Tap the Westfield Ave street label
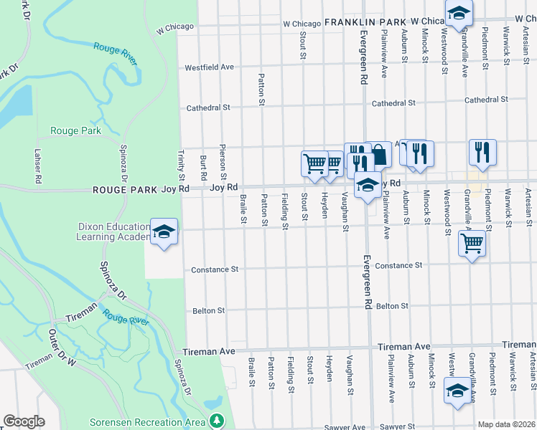click(x=210, y=67)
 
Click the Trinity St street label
click(x=180, y=165)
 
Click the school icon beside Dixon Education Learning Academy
click(x=164, y=231)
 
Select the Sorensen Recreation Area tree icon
click(x=215, y=420)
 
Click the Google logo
click(x=24, y=421)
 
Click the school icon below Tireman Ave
click(x=457, y=391)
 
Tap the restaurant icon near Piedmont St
click(x=482, y=151)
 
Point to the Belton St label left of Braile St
click(x=209, y=311)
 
